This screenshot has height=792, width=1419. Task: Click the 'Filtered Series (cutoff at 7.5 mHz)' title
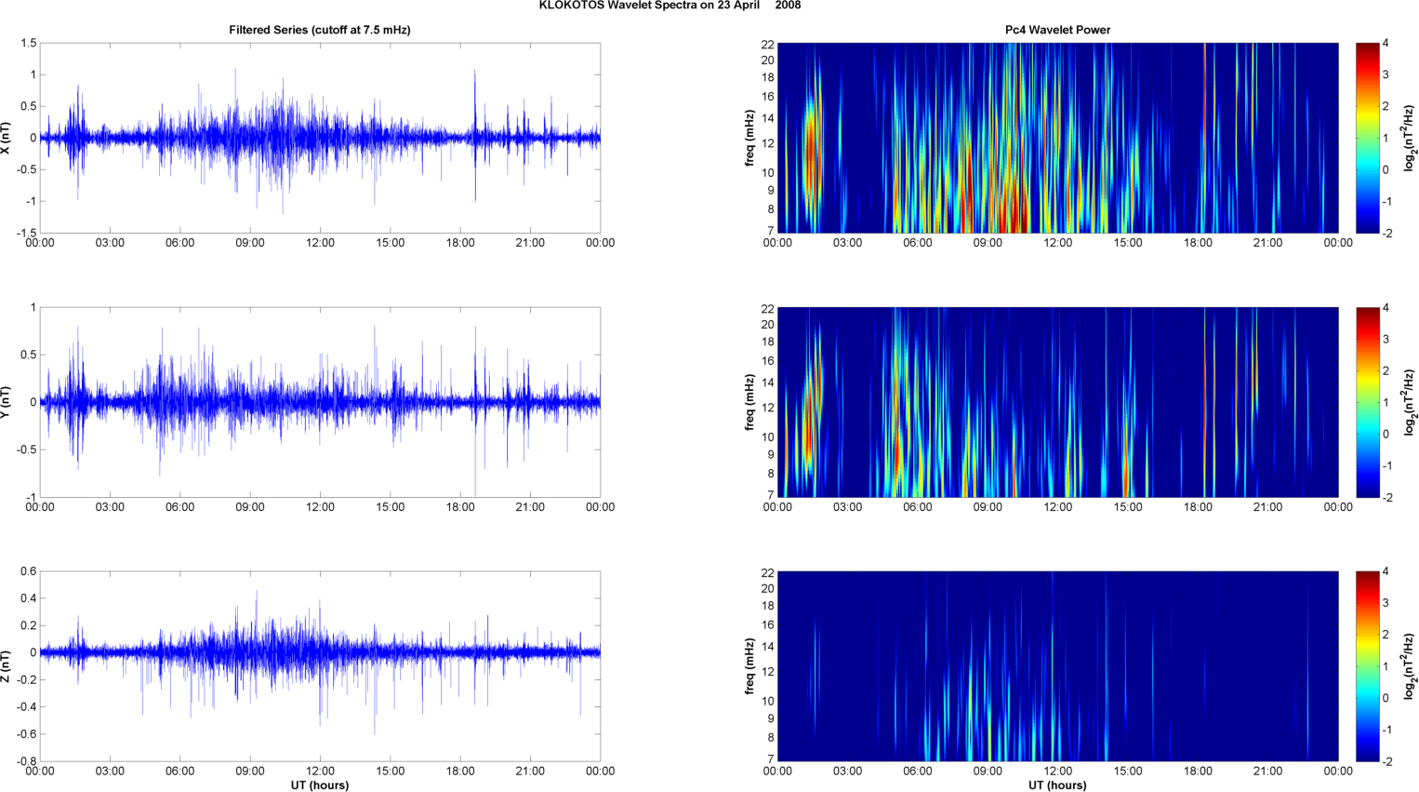tap(319, 30)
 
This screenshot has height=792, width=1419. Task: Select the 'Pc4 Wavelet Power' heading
tap(1057, 30)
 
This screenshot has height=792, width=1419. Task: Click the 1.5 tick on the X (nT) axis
tap(29, 44)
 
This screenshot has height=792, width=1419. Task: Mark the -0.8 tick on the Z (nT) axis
tap(26, 761)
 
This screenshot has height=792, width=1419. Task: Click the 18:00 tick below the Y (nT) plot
tap(460, 507)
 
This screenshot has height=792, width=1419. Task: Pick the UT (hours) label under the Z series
tap(319, 785)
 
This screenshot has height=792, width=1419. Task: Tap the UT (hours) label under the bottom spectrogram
tap(1057, 785)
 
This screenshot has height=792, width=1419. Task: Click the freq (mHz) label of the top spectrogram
tap(749, 138)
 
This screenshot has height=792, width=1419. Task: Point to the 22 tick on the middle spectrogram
tap(768, 308)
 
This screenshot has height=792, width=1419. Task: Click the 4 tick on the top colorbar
tap(1386, 44)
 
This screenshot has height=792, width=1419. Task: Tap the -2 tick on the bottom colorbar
tap(1386, 761)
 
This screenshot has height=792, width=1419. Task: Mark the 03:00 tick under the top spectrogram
tap(847, 243)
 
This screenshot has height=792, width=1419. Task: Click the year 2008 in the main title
tap(788, 6)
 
